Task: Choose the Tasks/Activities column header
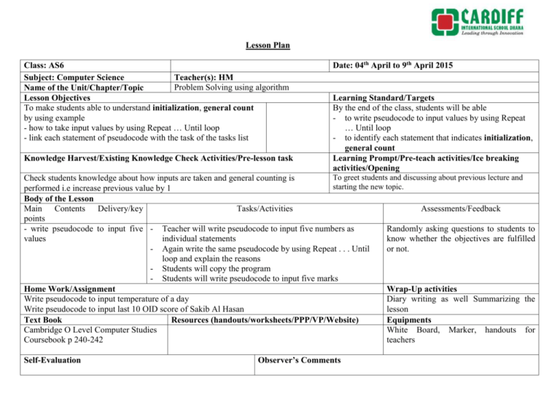[x=265, y=209]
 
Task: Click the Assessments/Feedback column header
[x=459, y=209]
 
